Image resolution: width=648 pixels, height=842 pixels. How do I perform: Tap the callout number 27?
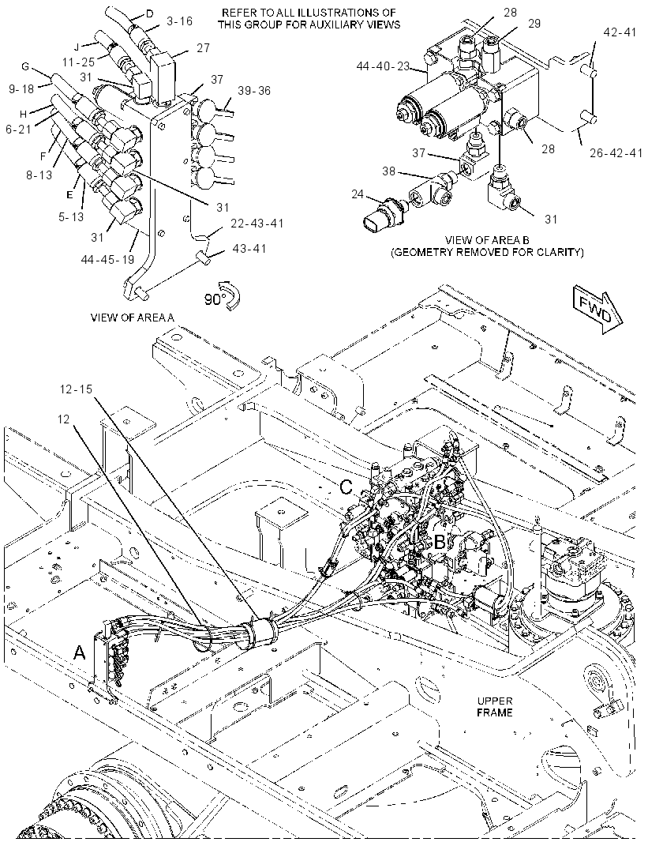click(x=204, y=47)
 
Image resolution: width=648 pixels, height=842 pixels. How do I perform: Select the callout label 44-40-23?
click(x=383, y=66)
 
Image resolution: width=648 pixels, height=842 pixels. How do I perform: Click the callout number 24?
click(x=358, y=194)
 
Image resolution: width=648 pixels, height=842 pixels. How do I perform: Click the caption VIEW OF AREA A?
click(x=133, y=318)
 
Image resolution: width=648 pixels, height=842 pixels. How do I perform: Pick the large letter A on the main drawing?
click(x=80, y=652)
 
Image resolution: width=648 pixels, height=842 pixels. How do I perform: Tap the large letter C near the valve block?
click(x=347, y=487)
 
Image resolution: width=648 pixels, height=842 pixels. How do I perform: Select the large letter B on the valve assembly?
click(x=440, y=542)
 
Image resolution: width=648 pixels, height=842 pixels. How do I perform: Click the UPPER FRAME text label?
click(x=495, y=707)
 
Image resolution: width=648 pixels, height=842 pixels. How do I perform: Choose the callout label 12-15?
click(x=77, y=389)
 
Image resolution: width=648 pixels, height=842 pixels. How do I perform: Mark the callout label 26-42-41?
click(x=616, y=153)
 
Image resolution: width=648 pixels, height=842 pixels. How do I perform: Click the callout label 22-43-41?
click(x=257, y=223)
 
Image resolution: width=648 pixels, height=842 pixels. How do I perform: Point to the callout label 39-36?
click(x=254, y=91)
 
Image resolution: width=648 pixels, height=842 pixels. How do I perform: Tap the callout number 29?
click(x=534, y=23)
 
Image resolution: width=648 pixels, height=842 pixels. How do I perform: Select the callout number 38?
click(x=388, y=171)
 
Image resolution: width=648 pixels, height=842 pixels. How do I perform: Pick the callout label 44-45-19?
click(x=108, y=259)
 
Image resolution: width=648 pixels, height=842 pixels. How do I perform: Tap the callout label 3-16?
click(x=179, y=21)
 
